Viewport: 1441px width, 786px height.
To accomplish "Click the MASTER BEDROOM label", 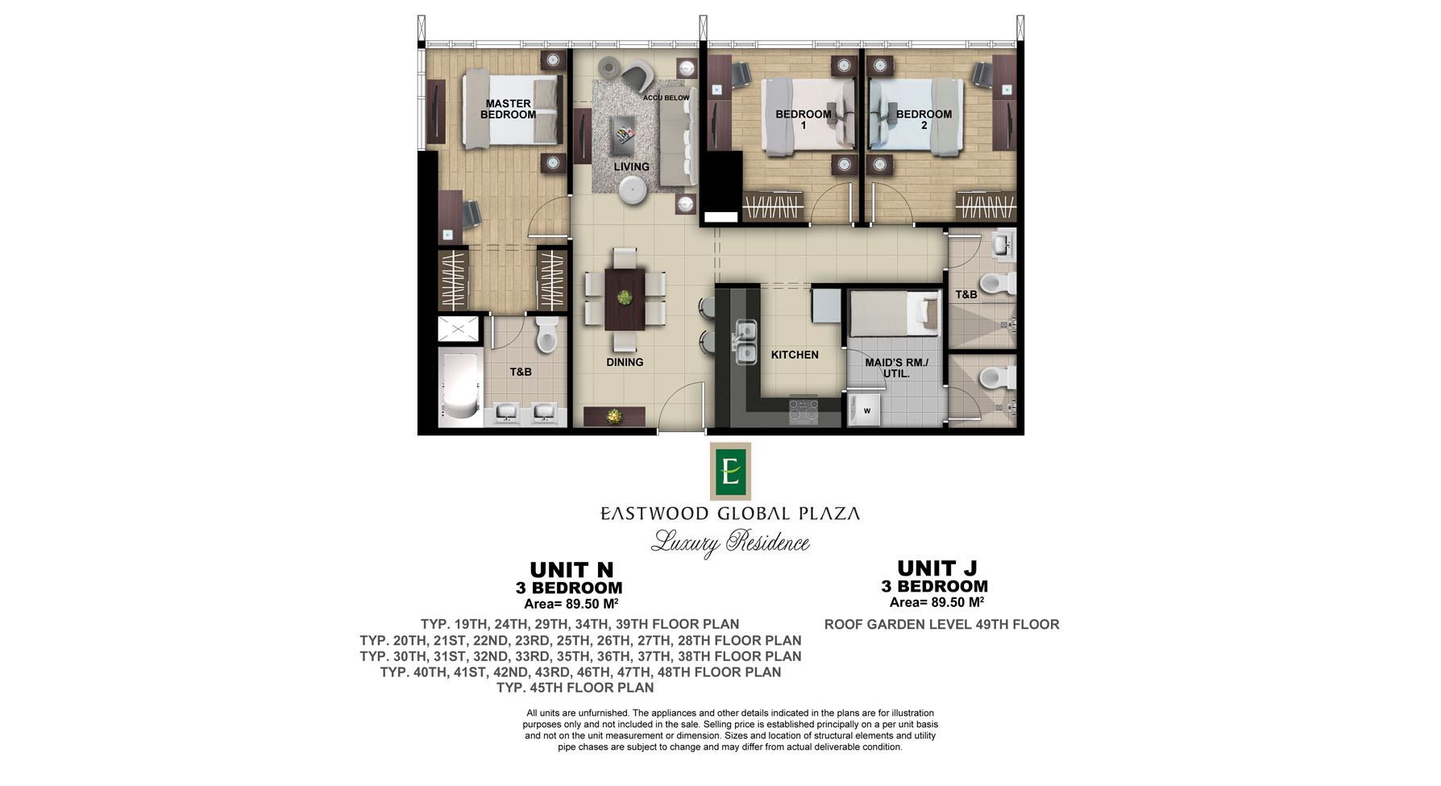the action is [x=508, y=109].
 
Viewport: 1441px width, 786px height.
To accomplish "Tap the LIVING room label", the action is [x=631, y=167].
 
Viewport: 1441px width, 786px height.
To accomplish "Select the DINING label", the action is [x=625, y=362].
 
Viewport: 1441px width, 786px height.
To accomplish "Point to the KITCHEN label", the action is [x=795, y=355].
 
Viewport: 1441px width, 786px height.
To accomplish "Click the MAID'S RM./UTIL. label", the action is [x=896, y=368].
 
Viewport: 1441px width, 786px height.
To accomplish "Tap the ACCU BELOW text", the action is [x=667, y=98].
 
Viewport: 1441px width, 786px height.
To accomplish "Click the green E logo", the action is [x=730, y=471].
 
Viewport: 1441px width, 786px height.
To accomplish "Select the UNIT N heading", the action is [x=571, y=570].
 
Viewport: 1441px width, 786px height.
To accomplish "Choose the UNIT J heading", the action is [x=937, y=568].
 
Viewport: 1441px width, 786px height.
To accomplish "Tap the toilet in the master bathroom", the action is [x=547, y=334].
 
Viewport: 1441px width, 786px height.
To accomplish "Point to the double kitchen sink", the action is [x=745, y=341].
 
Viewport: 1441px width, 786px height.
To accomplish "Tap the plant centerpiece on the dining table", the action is [x=625, y=297].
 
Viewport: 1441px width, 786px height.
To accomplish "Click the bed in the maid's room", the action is [x=895, y=314].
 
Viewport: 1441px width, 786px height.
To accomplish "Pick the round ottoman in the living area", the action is [x=633, y=190].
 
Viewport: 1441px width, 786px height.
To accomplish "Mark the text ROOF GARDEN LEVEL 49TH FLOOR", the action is [x=941, y=624].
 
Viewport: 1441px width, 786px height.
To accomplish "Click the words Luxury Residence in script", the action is [x=730, y=543].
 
